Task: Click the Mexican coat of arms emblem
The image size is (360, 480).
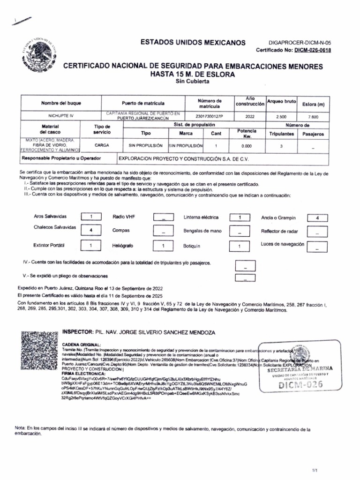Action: tap(40, 52)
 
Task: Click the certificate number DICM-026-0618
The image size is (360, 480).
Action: tap(312, 50)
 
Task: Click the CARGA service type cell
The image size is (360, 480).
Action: tap(102, 146)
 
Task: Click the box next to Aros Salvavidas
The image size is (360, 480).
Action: tap(92, 217)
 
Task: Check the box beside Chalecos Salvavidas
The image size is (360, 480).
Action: tap(92, 230)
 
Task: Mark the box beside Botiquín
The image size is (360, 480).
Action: tap(239, 246)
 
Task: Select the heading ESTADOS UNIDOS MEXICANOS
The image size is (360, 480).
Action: tap(193, 43)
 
